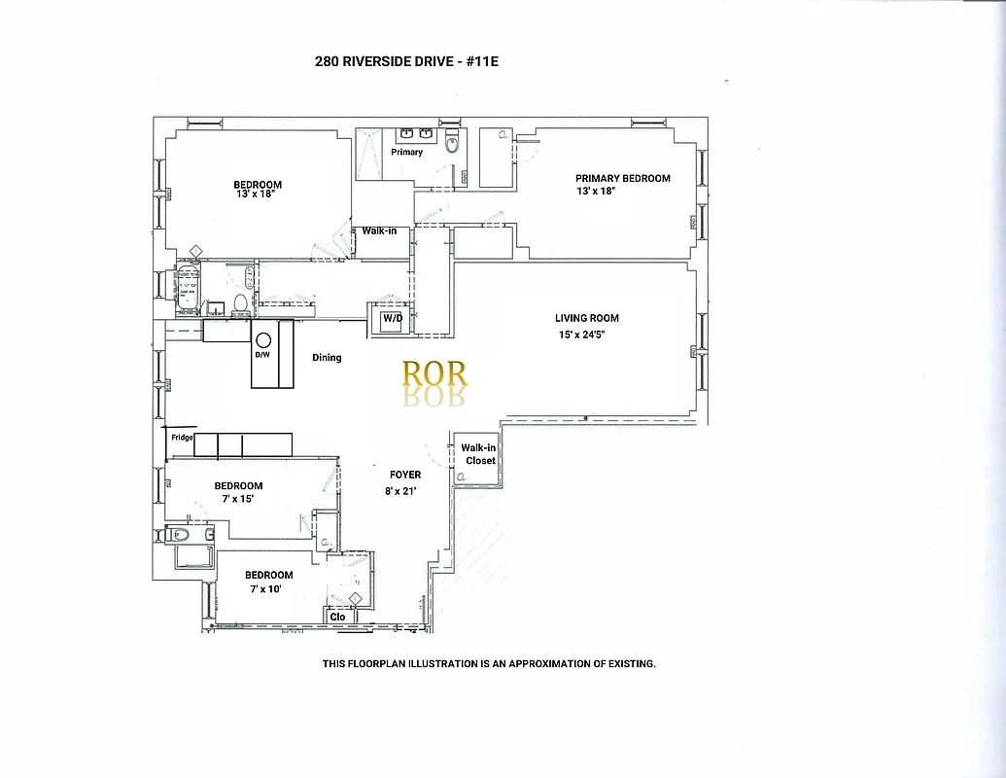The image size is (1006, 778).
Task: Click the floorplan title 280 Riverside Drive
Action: click(406, 61)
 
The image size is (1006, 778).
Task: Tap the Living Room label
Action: click(586, 318)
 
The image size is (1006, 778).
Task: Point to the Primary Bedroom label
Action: click(622, 178)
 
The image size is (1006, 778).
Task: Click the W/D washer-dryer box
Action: click(392, 319)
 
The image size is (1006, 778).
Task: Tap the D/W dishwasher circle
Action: click(262, 340)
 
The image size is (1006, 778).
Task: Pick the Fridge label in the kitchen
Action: click(182, 438)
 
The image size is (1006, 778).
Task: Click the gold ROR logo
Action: click(434, 374)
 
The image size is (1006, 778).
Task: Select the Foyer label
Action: click(405, 475)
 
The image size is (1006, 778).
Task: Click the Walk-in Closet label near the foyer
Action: click(480, 454)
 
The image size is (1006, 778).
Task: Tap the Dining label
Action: click(327, 358)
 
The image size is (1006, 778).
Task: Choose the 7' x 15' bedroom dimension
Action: click(238, 500)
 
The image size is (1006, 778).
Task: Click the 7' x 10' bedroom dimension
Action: click(264, 588)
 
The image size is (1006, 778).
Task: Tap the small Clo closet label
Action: click(338, 617)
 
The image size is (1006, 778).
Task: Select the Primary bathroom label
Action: click(407, 152)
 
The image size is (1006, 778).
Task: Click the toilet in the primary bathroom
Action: click(451, 146)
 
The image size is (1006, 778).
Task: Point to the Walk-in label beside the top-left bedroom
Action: click(379, 231)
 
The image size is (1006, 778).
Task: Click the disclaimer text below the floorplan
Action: click(489, 664)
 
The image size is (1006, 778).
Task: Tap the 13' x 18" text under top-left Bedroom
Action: click(256, 194)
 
